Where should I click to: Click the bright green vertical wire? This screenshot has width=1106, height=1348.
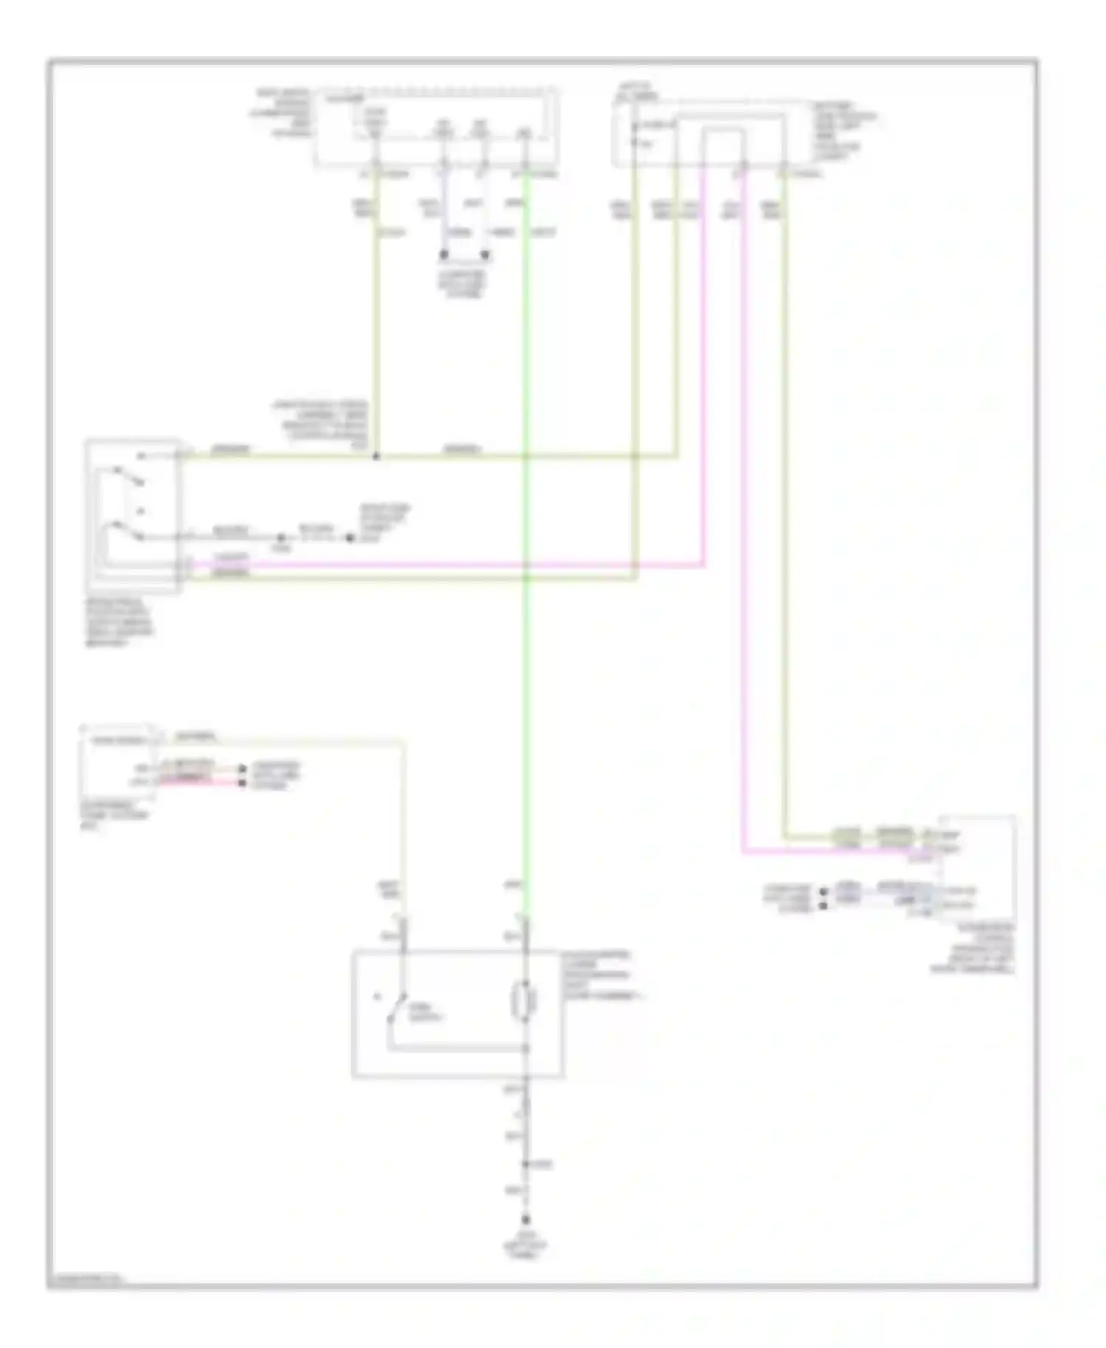point(525,664)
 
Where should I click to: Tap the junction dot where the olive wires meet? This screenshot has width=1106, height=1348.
point(376,456)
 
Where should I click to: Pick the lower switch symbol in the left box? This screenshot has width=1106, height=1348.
point(125,530)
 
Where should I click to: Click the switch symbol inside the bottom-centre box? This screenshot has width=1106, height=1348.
point(398,1007)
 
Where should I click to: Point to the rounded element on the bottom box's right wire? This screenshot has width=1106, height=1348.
point(525,1001)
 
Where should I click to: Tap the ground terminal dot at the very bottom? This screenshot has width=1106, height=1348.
point(526,1220)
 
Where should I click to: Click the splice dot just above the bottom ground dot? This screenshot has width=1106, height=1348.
point(526,1164)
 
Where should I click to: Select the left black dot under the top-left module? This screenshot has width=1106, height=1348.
point(444,255)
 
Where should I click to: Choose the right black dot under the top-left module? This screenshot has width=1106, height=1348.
point(484,255)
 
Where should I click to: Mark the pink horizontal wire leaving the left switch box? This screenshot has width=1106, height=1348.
point(442,566)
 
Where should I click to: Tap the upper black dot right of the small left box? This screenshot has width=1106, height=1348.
point(243,769)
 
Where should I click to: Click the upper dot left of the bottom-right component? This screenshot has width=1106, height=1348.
point(824,892)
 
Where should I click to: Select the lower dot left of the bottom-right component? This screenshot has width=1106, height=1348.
point(824,905)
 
